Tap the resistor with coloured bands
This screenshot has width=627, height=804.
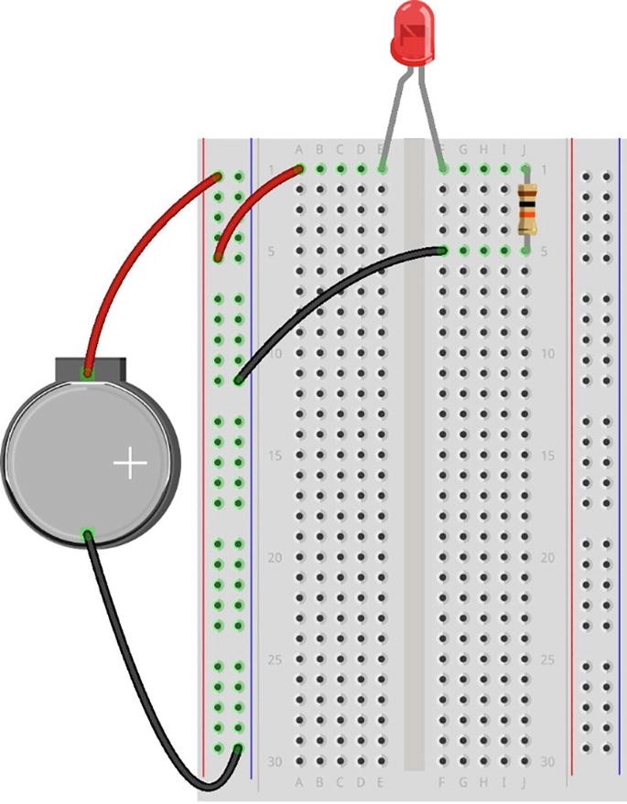526,209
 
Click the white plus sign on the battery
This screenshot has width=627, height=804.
130,465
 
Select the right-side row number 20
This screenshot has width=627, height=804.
547,557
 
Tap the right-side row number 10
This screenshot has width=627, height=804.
547,353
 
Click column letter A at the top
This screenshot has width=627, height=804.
299,150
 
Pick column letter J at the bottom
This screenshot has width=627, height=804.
524,782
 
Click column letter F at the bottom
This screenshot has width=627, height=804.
443,782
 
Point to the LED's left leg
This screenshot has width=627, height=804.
391,119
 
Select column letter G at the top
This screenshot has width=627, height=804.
463,150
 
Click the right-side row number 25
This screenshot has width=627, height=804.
547,659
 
